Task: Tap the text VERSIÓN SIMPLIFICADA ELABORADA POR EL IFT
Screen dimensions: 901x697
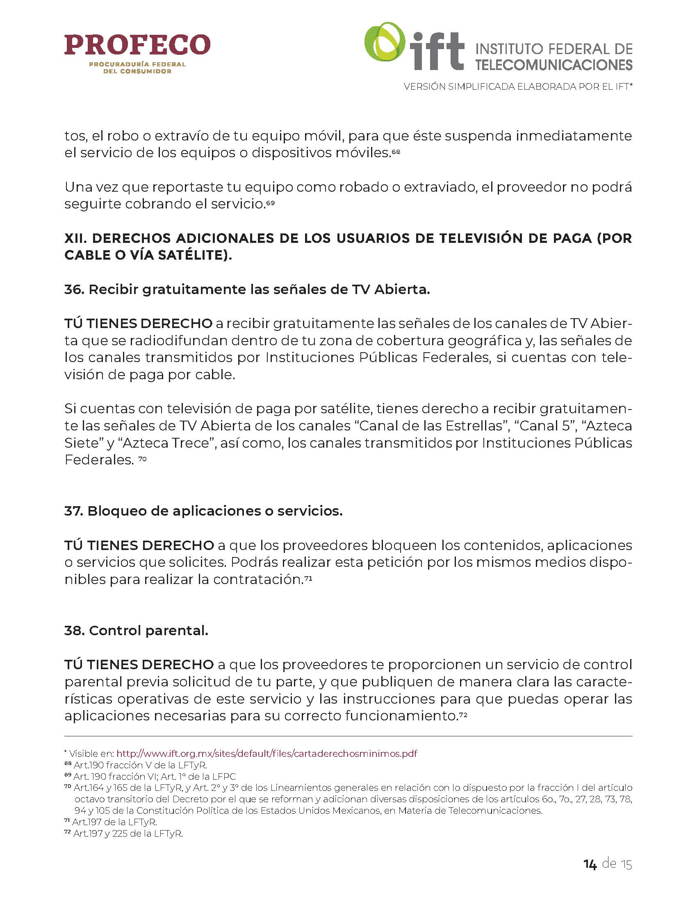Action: [518, 87]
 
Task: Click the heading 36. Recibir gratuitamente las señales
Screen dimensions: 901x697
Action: [247, 290]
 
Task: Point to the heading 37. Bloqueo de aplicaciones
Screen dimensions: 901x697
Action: [203, 511]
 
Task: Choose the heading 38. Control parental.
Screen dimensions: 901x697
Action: [136, 630]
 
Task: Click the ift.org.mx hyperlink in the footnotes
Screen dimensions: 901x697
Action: [267, 754]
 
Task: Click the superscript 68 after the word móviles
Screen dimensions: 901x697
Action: [396, 152]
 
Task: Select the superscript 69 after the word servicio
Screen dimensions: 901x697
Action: [270, 203]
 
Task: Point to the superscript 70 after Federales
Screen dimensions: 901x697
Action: [142, 458]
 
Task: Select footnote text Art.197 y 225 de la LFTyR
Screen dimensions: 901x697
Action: [128, 834]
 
